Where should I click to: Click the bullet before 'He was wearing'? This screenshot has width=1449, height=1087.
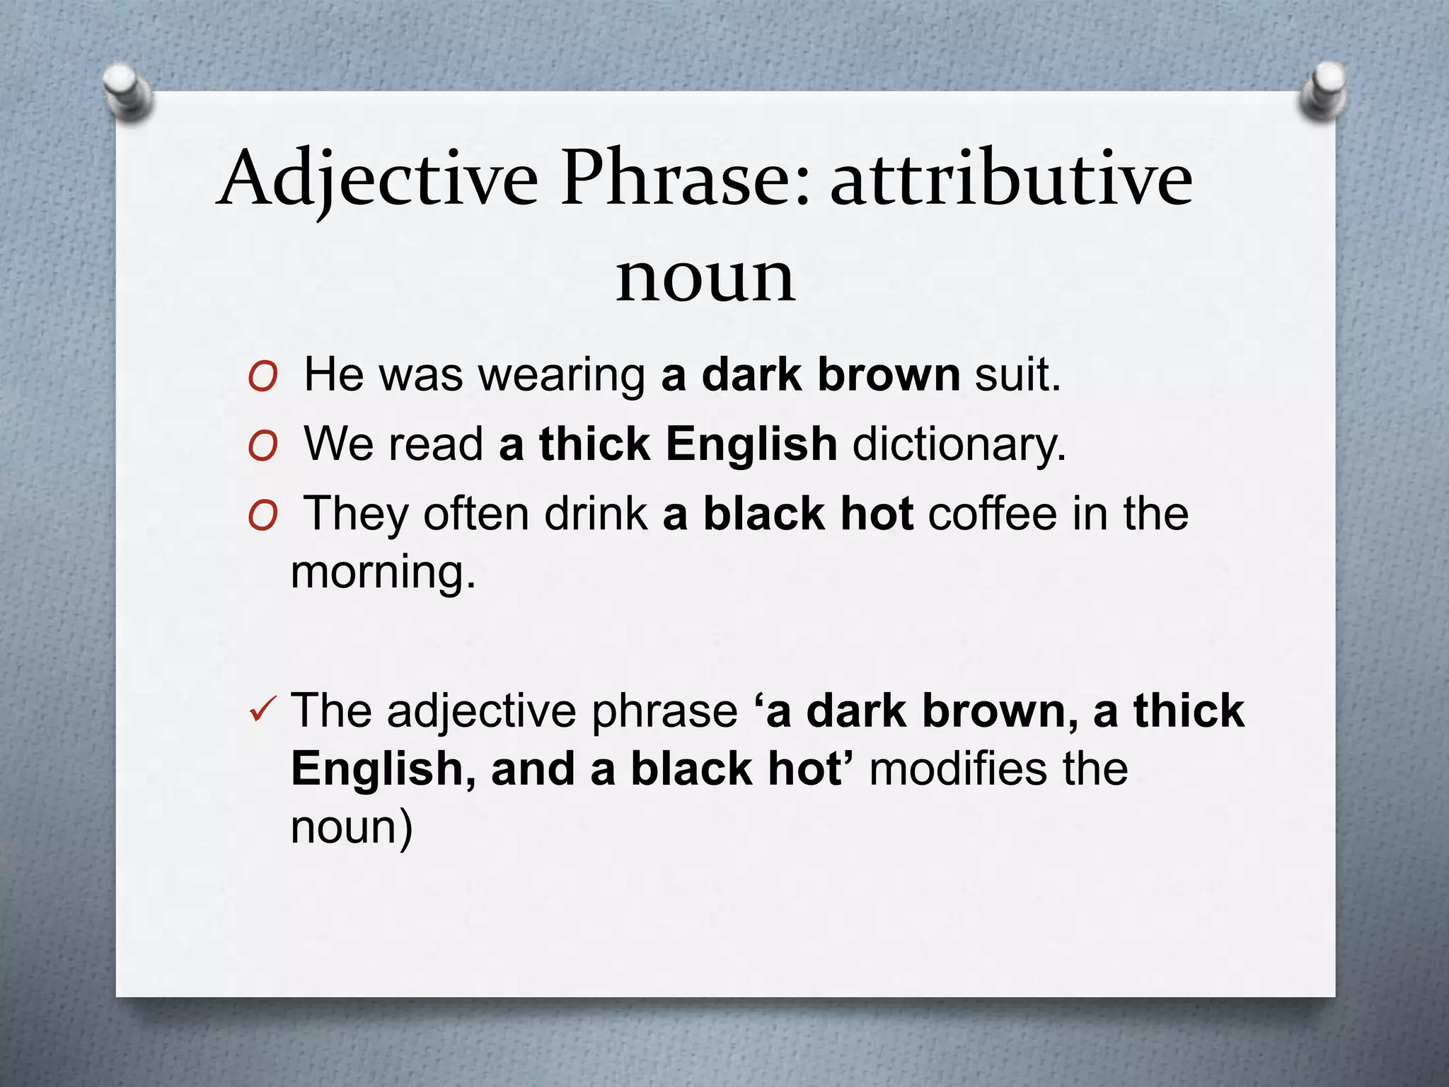pos(262,379)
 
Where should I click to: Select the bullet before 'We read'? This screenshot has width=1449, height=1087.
pos(262,448)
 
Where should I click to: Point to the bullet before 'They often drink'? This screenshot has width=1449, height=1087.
pos(262,517)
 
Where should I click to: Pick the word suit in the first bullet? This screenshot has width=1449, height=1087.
pos(1017,374)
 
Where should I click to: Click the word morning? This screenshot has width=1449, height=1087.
pos(383,572)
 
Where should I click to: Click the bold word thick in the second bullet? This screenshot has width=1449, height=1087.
pos(594,444)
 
